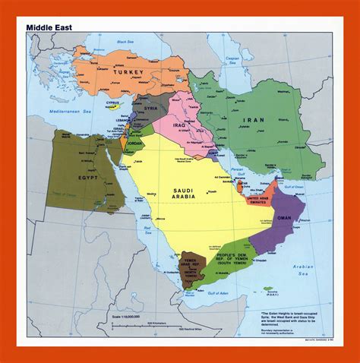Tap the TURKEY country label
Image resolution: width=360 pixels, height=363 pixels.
tap(134, 72)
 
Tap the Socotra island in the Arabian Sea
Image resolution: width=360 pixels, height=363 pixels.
tap(270, 289)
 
